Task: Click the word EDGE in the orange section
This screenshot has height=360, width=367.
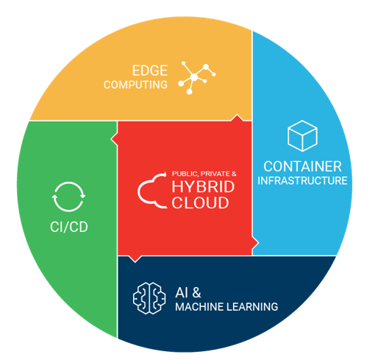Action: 150,71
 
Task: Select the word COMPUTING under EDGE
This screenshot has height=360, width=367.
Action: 135,85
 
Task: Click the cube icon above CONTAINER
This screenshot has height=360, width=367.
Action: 302,135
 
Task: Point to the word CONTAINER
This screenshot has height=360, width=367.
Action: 302,166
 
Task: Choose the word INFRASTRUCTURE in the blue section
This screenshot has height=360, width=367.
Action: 302,180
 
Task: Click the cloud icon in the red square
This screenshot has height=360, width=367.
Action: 152,191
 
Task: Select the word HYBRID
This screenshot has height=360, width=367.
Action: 203,187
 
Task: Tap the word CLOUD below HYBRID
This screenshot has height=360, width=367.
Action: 200,203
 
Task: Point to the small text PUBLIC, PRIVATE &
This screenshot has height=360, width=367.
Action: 204,174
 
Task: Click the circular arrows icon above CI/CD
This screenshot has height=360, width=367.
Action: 69,197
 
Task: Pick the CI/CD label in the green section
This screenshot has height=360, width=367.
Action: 69,227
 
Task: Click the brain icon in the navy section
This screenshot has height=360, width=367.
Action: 149,298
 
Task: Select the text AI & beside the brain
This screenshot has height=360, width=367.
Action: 188,292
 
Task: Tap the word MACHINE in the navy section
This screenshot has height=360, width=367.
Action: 199,307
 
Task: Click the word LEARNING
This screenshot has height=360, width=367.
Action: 252,307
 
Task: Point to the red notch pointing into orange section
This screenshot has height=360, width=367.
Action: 237,118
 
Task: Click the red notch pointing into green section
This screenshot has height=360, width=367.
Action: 114,139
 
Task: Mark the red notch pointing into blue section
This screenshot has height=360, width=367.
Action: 255,243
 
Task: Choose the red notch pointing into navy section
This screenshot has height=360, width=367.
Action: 135,259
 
